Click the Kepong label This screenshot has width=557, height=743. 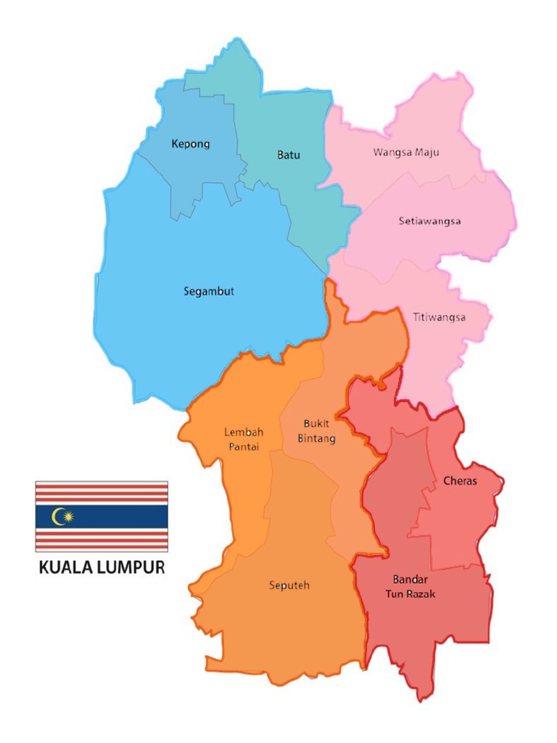(x=191, y=144)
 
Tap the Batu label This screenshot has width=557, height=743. (x=288, y=155)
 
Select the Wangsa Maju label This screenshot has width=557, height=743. (x=406, y=152)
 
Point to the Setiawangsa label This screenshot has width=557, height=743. (x=430, y=221)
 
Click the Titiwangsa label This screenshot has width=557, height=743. (x=439, y=317)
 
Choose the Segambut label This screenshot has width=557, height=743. (x=209, y=292)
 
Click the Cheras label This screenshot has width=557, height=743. (x=460, y=481)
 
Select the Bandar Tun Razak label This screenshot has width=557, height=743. (x=414, y=586)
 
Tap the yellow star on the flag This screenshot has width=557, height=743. (x=67, y=516)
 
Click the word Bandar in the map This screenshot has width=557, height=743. (x=411, y=579)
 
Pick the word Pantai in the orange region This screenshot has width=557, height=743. (x=244, y=446)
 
